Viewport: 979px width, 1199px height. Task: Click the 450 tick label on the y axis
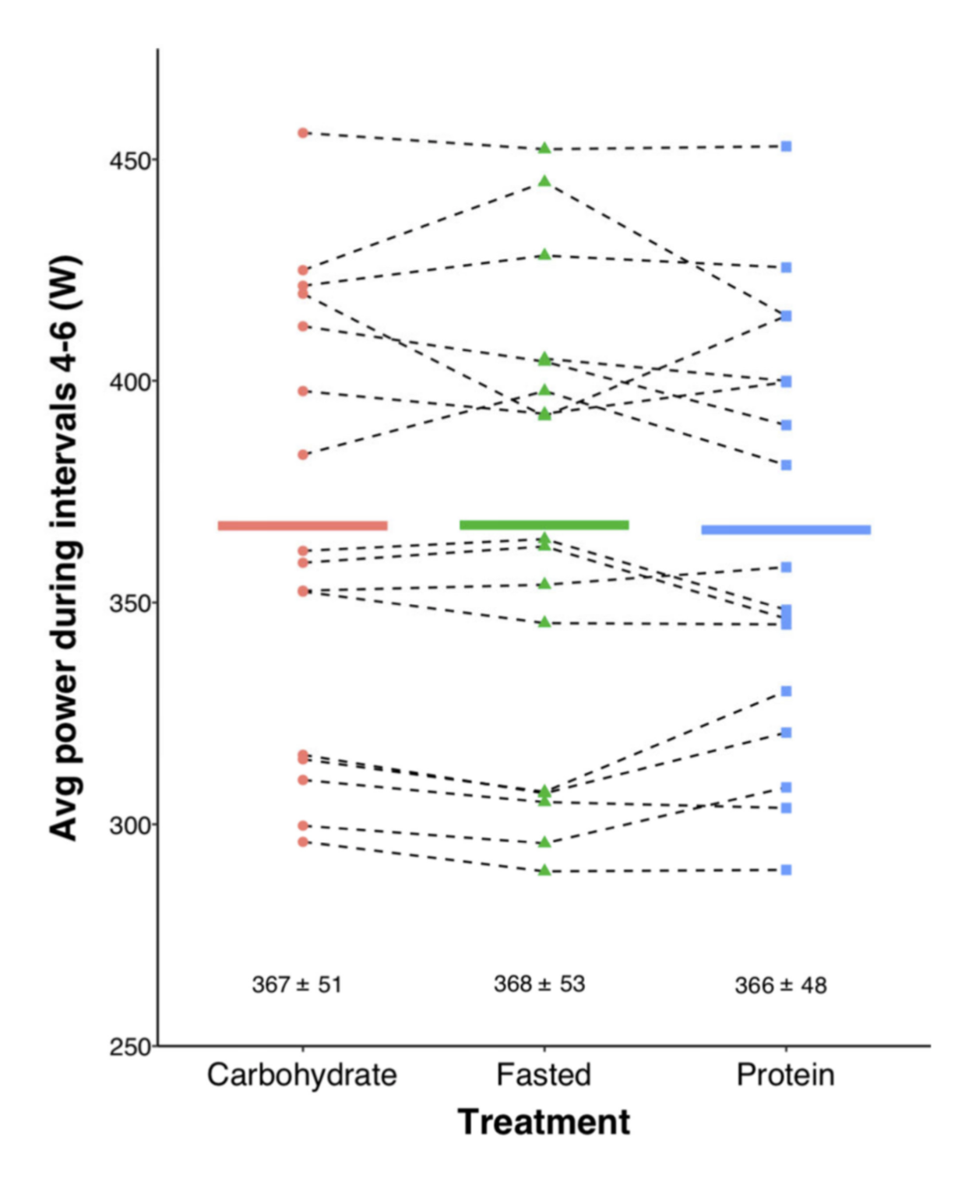click(129, 160)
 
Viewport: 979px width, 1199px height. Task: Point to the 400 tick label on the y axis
click(129, 381)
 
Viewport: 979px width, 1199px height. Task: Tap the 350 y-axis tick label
click(129, 603)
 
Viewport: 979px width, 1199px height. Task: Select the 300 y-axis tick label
click(129, 825)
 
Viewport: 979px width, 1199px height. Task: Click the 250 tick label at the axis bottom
click(129, 1047)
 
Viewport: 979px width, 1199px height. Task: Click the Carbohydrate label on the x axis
click(302, 1075)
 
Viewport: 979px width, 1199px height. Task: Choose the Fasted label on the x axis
click(544, 1075)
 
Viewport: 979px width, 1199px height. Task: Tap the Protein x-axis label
click(785, 1075)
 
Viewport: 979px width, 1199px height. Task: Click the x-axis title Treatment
click(544, 1122)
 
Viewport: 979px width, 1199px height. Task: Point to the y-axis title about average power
click(65, 547)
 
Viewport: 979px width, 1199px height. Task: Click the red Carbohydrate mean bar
click(302, 526)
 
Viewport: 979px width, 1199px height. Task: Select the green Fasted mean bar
click(544, 525)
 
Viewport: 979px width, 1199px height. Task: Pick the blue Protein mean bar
click(786, 529)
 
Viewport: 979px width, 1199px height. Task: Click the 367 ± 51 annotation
click(297, 985)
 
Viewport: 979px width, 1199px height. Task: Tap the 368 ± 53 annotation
click(539, 984)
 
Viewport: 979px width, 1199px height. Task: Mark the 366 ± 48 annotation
click(780, 986)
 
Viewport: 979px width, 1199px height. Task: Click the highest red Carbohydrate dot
click(303, 133)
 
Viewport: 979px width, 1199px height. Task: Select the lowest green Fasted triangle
click(544, 870)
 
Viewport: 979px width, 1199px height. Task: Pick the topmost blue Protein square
click(787, 146)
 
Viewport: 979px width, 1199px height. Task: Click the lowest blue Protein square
click(787, 870)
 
